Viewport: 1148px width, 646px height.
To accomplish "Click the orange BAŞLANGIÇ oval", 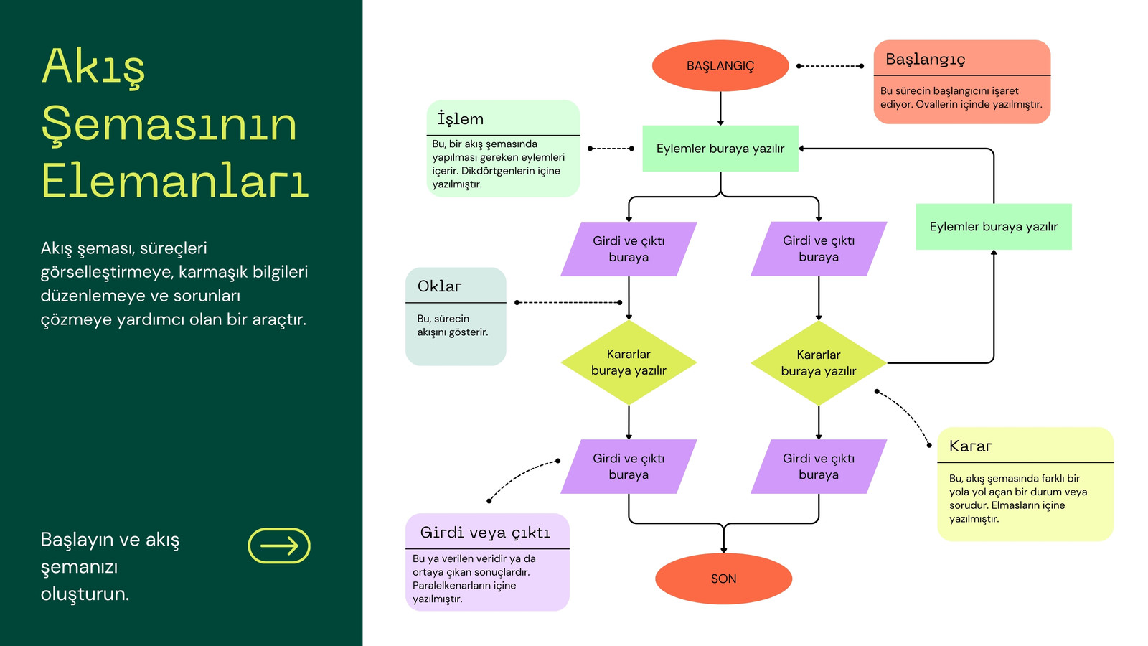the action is [x=720, y=65].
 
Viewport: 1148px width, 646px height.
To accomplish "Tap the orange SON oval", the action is [x=723, y=579].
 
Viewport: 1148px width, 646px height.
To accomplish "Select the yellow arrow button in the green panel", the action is [x=279, y=546].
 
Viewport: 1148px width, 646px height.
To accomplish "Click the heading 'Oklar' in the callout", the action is [x=439, y=286].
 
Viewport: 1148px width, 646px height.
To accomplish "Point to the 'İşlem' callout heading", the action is [x=460, y=118].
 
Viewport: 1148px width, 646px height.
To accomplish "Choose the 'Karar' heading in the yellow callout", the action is [x=970, y=446].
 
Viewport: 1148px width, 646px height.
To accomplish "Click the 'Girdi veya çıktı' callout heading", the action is [x=485, y=533].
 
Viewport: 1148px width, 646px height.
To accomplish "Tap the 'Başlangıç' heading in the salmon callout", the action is [x=925, y=60].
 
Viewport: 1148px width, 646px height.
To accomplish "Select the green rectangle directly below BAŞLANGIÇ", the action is [x=720, y=148].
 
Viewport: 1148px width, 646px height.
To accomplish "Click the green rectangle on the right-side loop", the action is [x=993, y=227].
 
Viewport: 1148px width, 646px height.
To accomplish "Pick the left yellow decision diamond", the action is [x=629, y=362].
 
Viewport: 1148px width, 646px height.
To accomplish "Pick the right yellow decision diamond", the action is [x=819, y=363].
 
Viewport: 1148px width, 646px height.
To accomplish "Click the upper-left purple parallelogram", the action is [x=629, y=248].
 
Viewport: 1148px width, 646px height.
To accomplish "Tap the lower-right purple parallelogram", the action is [x=819, y=467].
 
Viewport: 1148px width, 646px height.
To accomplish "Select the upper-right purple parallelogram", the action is [x=819, y=248].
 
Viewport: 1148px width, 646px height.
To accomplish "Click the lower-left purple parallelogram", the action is [x=629, y=467].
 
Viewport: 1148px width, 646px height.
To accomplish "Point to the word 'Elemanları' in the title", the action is [x=175, y=179].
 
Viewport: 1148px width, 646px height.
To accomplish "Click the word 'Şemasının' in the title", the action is [x=169, y=124].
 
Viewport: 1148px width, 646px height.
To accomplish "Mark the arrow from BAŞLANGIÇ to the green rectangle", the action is [x=720, y=108].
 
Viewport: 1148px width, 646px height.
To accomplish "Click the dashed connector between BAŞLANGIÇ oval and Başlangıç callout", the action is [x=830, y=66].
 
